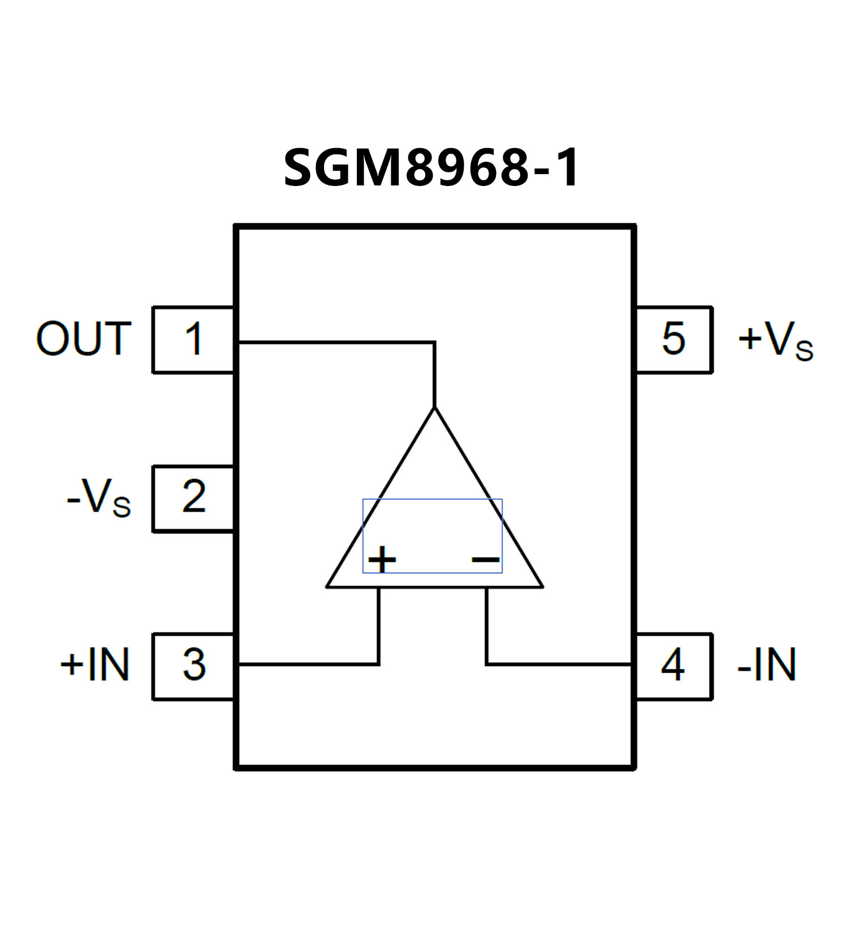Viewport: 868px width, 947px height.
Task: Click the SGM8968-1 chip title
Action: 432,167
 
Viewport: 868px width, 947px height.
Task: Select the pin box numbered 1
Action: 193,340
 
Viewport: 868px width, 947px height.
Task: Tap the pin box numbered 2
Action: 193,498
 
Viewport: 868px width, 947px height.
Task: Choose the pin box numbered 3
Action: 193,665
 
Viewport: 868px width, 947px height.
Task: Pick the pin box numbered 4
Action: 673,665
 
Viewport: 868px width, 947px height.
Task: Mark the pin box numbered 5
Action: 673,340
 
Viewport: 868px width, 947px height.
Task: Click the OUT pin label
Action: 84,339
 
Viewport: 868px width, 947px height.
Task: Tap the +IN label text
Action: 95,664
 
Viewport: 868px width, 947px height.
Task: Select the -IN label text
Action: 767,664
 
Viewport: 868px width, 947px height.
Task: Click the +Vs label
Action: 775,340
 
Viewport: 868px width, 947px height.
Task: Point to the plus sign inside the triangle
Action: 382,560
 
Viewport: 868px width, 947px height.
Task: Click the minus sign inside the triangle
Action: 486,560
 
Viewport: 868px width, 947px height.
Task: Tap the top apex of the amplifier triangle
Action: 434,408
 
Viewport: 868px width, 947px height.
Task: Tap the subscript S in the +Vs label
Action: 804,351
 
